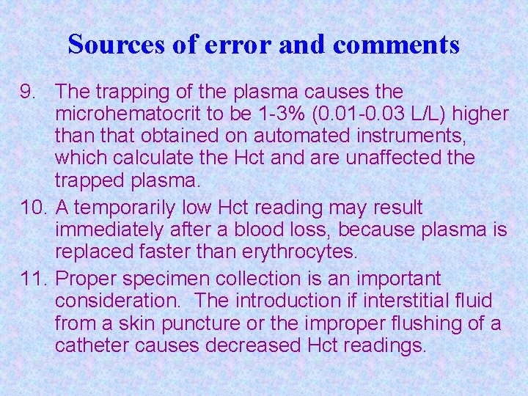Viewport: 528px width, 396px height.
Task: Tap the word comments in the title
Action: (x=396, y=45)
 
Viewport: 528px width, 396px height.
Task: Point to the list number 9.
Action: (x=27, y=92)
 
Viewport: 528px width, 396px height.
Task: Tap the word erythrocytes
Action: (x=299, y=252)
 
